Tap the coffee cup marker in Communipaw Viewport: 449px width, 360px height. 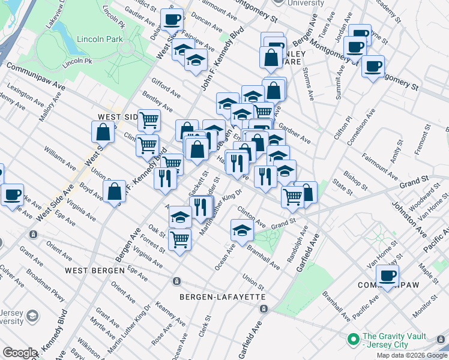point(387,276)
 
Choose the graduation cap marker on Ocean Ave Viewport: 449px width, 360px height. point(241,230)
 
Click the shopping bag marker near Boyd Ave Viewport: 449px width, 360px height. point(114,192)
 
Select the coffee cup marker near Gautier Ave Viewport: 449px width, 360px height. point(172,20)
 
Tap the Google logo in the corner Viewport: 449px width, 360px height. point(20,353)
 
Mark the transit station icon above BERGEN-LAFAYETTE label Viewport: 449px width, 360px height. point(176,281)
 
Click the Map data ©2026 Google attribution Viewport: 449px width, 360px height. point(411,355)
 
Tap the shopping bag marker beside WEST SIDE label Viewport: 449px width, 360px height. point(103,131)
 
